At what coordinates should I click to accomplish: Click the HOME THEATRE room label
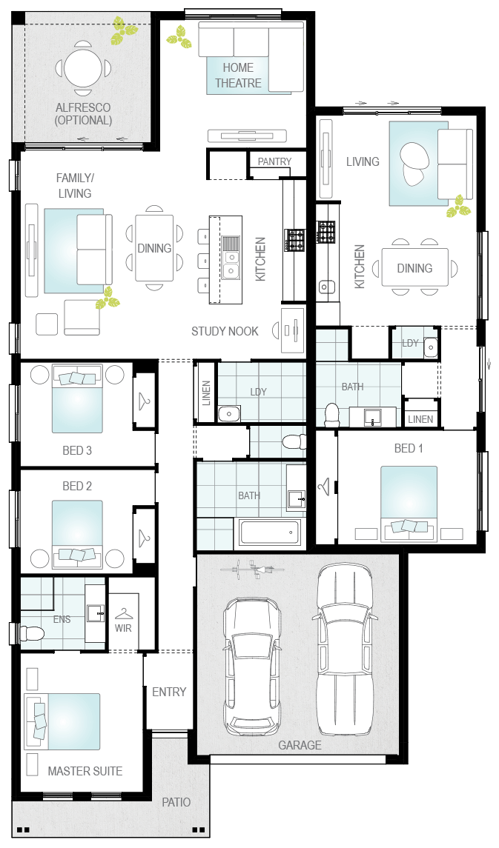pyautogui.click(x=238, y=76)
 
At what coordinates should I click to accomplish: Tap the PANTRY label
pyautogui.click(x=274, y=161)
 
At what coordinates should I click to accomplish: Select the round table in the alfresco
pyautogui.click(x=83, y=68)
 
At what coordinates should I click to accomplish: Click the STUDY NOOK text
pyautogui.click(x=225, y=331)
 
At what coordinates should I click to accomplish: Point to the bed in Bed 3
pyautogui.click(x=77, y=399)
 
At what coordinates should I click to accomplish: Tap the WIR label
pyautogui.click(x=123, y=629)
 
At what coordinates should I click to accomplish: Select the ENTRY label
pyautogui.click(x=169, y=692)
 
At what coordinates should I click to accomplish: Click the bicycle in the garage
pyautogui.click(x=252, y=569)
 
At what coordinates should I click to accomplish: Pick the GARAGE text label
pyautogui.click(x=300, y=745)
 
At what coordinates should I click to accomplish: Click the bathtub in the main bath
pyautogui.click(x=270, y=532)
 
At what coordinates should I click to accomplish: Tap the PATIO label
pyautogui.click(x=176, y=802)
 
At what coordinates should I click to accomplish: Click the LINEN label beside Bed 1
pyautogui.click(x=420, y=419)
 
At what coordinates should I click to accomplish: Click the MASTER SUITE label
pyautogui.click(x=85, y=771)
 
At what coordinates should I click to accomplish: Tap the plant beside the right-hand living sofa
pyautogui.click(x=458, y=207)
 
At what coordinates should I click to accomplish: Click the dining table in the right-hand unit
pyautogui.click(x=415, y=267)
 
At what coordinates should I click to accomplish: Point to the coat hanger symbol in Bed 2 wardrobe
pyautogui.click(x=143, y=536)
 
